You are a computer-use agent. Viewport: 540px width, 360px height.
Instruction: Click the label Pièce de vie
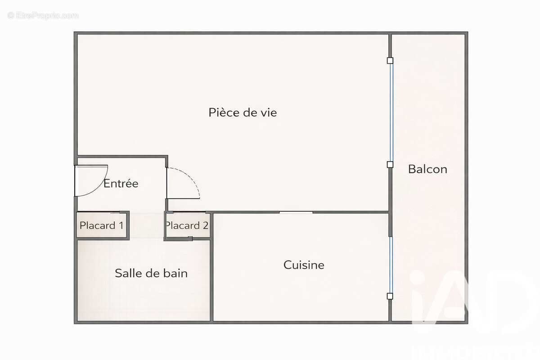tap(243, 112)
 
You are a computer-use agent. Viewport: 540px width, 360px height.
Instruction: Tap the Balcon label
tap(427, 169)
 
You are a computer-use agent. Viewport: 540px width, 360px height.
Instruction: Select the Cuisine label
tap(304, 265)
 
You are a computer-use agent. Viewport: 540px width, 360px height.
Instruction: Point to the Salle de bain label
tap(151, 273)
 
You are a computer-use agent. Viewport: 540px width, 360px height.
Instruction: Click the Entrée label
tap(121, 184)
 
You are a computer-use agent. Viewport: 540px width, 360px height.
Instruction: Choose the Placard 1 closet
tap(102, 225)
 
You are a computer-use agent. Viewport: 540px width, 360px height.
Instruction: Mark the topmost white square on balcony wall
tap(390, 60)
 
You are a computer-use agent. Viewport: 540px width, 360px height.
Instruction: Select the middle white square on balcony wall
tap(390, 165)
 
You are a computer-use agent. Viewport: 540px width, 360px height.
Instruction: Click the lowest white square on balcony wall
tap(390, 296)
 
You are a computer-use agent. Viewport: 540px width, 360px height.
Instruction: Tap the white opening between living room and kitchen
tap(296, 212)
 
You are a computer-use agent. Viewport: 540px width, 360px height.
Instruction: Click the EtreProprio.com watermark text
tap(43, 16)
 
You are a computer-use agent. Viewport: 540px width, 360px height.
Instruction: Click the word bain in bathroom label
tap(176, 273)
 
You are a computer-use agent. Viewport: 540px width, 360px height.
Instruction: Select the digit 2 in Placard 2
tap(206, 225)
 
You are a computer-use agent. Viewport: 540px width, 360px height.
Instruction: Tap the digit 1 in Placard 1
tap(121, 225)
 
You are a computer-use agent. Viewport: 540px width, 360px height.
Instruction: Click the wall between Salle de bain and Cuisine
tap(211, 279)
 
